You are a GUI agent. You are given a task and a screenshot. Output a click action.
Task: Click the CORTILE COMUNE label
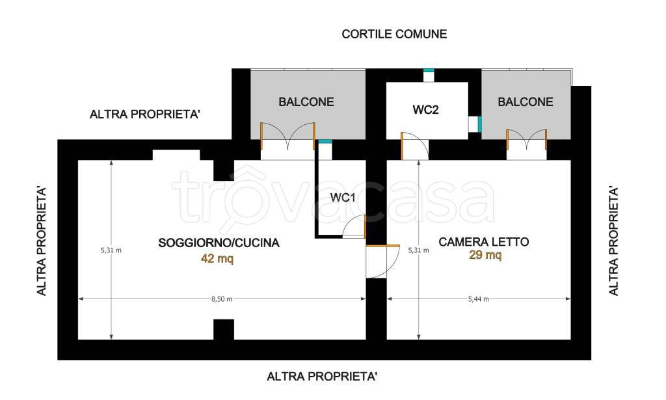pos(394,34)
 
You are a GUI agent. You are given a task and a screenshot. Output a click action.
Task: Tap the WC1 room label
pos(343,198)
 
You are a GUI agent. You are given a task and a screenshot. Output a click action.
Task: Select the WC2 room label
pos(425,109)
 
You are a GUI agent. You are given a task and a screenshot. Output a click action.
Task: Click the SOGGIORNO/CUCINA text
pos(219,243)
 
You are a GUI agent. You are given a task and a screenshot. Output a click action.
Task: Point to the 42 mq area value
pos(217,258)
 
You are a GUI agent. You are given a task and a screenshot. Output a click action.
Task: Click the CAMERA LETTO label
pos(484,242)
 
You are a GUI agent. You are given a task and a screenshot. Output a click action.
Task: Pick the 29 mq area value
pos(485,255)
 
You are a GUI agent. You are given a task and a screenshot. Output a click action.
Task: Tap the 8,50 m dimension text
pos(222,299)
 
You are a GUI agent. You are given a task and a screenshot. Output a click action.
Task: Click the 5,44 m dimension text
pos(478,299)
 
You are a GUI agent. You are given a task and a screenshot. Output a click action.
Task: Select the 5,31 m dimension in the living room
pos(111,250)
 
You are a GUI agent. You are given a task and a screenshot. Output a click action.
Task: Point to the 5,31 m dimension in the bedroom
pos(418,250)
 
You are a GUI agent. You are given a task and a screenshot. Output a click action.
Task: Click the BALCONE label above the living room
pos(306,102)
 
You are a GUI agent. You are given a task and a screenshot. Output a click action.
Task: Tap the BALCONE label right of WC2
pos(526,102)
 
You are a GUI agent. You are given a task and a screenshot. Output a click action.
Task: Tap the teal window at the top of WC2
pos(429,70)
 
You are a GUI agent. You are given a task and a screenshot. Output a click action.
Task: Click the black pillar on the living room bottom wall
pos(224,330)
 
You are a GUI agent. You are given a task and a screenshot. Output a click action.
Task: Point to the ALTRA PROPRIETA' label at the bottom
pos(322,377)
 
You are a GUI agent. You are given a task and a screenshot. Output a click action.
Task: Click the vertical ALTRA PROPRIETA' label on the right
pos(613,241)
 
